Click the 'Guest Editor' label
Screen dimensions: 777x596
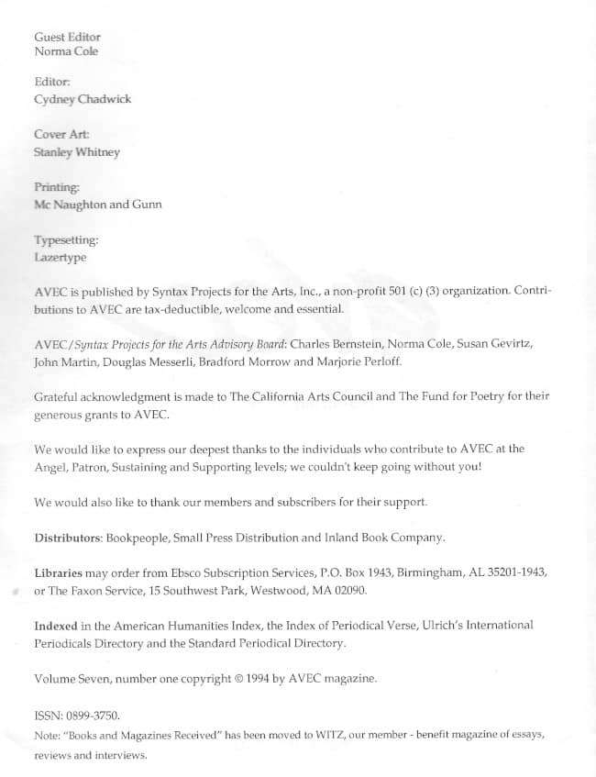67,37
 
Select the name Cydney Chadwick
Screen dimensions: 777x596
83,99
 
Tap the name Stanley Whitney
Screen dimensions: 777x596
77,152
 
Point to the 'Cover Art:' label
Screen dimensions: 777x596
61,135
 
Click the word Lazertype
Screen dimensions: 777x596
60,258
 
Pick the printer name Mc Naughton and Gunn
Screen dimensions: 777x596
97,205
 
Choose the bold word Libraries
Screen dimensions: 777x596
61,571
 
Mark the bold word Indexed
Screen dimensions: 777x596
56,625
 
